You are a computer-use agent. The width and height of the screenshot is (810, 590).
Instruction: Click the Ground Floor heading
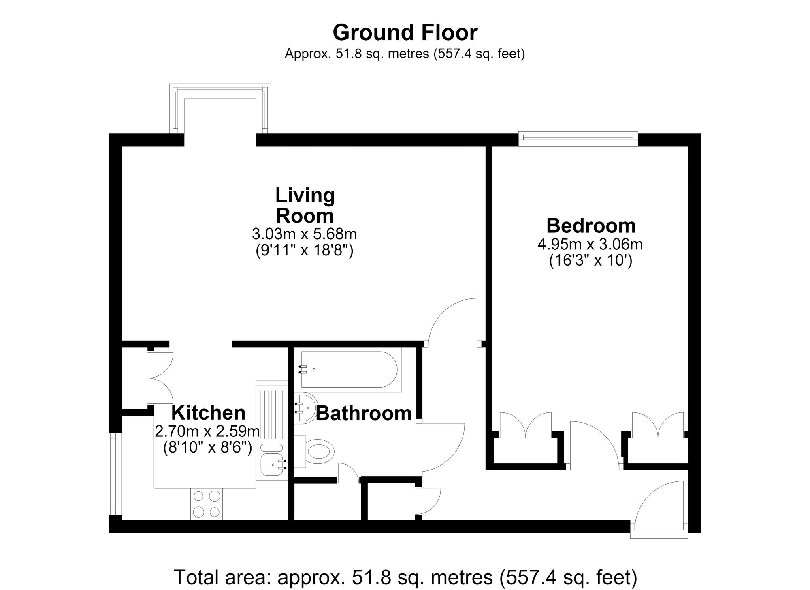[405, 33]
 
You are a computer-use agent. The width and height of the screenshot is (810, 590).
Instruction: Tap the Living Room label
[305, 205]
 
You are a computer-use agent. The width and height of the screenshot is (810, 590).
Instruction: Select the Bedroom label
[591, 225]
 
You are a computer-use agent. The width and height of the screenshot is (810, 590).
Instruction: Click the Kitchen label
[208, 413]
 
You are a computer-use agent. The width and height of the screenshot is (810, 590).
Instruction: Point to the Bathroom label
[364, 413]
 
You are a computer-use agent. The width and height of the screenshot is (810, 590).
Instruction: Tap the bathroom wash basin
[306, 408]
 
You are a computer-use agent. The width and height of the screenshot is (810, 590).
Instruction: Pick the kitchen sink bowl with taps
[273, 465]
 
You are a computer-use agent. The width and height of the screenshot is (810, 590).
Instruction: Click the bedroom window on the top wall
[578, 138]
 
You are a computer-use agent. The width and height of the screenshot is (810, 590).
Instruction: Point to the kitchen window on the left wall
[115, 474]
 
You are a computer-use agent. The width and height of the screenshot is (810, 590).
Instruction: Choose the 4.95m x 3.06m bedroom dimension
[590, 245]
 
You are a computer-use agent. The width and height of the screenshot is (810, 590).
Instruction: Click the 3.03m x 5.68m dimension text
[305, 234]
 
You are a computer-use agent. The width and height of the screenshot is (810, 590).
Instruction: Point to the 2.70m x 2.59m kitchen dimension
[207, 431]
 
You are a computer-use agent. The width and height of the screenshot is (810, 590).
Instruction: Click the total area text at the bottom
[405, 578]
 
